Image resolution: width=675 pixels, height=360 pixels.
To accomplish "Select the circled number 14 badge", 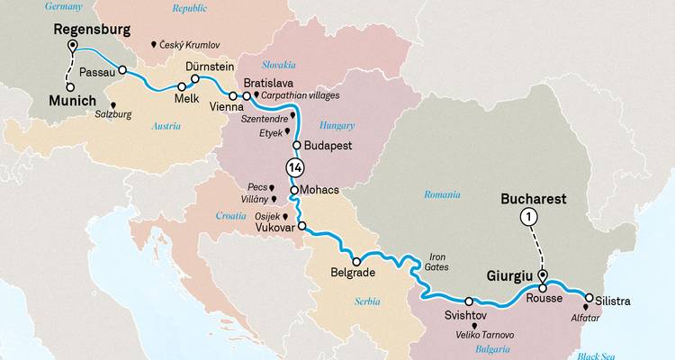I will pos(294,166).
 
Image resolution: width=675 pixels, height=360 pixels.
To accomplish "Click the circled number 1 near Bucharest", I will pos(528,217).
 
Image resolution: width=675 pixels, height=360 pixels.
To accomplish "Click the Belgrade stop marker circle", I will pos(356,262).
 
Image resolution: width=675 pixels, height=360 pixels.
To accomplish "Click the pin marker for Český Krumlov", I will pos(154,43).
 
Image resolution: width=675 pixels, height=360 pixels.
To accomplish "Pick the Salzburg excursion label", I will pos(127,114).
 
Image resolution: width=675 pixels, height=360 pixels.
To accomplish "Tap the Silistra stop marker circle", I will pos(589,298).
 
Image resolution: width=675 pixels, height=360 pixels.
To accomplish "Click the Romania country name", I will pos(442,194).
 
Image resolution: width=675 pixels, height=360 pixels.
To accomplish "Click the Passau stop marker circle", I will pos(122,70).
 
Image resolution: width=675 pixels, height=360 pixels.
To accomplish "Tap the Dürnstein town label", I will pos(210,67).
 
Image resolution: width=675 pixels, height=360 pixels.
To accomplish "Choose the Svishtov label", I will pos(467,316).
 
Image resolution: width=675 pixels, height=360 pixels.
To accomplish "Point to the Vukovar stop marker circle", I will pos(301,226).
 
